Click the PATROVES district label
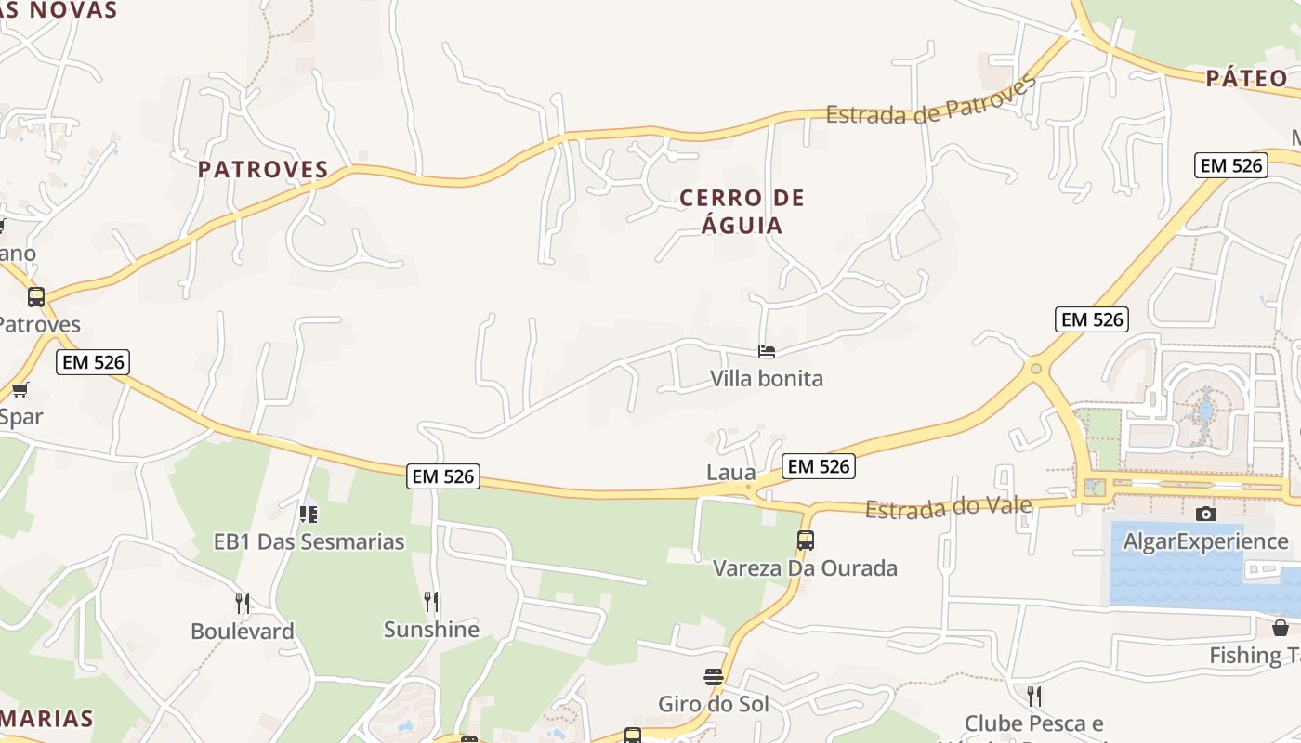coord(264,169)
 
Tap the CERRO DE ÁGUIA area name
coord(742,211)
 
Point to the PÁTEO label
coord(1246,78)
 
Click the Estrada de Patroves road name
coord(931,102)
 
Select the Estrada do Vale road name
coord(948,507)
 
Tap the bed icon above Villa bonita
coord(767,351)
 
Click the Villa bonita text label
coord(767,378)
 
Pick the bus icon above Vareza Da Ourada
coord(806,540)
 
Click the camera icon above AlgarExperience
coord(1205,514)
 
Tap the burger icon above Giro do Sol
coord(714,676)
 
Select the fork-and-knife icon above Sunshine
coord(431,602)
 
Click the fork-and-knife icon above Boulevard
coord(243,604)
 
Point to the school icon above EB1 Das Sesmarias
coord(309,514)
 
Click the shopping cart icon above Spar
coord(20,389)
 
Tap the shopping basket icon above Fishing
coord(1280,628)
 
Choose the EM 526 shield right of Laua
coord(817,466)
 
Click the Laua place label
coord(731,472)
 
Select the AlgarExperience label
coord(1205,541)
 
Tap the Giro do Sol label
coord(714,704)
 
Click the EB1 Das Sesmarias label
coord(309,541)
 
